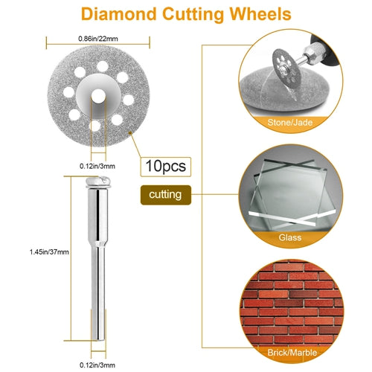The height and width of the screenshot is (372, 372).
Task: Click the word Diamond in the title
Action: pos(119,14)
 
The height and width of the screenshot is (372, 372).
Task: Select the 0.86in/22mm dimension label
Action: pos(98,39)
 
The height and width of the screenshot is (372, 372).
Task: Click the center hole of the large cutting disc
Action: pos(98,95)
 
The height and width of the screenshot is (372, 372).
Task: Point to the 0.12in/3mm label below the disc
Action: pos(97,166)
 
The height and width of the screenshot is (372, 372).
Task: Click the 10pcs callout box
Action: pos(166,167)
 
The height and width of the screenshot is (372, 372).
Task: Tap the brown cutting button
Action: pos(166,195)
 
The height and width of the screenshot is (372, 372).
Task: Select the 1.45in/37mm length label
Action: pos(49,252)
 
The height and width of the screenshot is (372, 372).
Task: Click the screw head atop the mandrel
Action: pos(98,182)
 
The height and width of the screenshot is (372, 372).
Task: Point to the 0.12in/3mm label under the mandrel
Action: pos(97,365)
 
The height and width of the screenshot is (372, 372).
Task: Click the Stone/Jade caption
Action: pos(290,123)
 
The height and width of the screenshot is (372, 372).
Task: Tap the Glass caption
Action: pos(290,237)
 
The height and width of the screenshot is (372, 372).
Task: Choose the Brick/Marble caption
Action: pos(292,353)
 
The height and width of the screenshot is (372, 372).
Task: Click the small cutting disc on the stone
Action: pos(286,68)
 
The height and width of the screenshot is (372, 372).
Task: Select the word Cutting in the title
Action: pos(193,14)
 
